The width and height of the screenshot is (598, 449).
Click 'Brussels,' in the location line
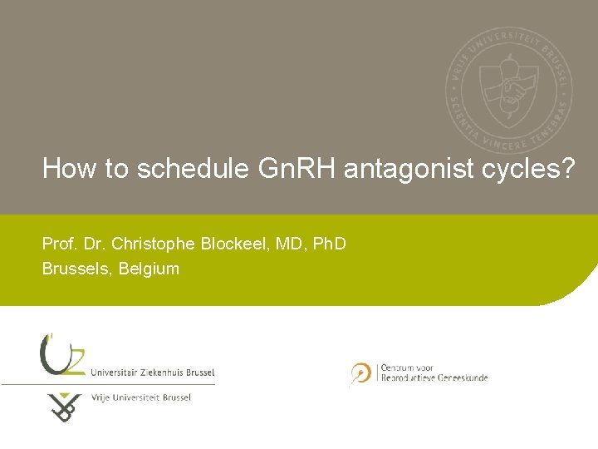pos(77,269)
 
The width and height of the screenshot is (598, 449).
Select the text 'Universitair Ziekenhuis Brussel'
pos(152,372)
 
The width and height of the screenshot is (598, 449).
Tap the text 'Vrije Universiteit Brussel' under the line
pos(140,397)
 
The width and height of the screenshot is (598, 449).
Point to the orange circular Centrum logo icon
pos(360,373)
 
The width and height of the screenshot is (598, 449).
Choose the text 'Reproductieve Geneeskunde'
pos(434,377)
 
